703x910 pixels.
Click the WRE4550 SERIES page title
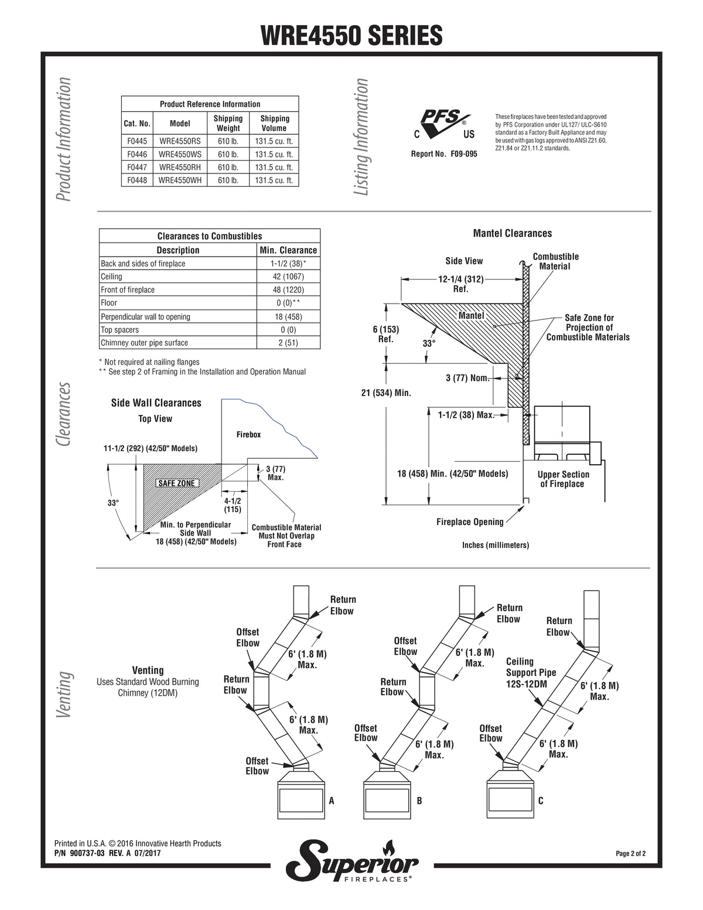351,35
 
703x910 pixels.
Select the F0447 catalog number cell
137,167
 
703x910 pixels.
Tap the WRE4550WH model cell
180,180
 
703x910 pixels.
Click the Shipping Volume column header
274,123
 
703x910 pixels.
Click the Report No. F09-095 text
444,154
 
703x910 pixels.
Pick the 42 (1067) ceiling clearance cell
288,277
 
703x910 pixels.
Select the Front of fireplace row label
128,290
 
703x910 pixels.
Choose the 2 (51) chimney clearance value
288,343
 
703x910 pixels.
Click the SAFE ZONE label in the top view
176,483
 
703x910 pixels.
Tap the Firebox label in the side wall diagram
248,435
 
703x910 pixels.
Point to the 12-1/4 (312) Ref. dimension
460,284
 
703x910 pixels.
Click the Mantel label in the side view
471,315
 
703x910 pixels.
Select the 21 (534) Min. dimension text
386,393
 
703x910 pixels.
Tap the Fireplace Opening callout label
470,522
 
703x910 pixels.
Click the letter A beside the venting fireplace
332,800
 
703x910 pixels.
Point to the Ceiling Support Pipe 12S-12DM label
531,673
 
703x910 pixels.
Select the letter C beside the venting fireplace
541,800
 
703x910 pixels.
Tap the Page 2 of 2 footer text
630,854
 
